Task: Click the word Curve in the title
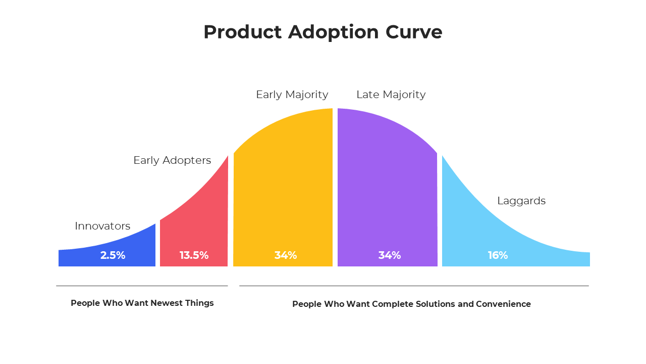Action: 414,32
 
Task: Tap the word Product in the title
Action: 242,32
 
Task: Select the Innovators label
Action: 102,226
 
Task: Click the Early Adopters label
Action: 172,160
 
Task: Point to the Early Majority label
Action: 292,95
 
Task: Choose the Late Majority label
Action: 391,95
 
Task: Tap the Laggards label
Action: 521,201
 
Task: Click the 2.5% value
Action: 113,255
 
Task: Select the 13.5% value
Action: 194,255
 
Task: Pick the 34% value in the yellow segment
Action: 286,255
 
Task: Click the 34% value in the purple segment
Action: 390,255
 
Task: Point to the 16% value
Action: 498,255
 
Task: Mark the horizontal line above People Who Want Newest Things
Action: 141,286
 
